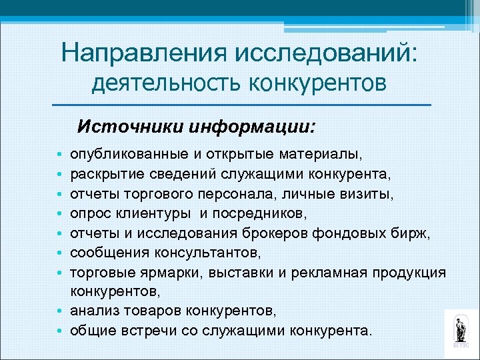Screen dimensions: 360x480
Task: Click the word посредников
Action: pyautogui.click(x=261, y=213)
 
